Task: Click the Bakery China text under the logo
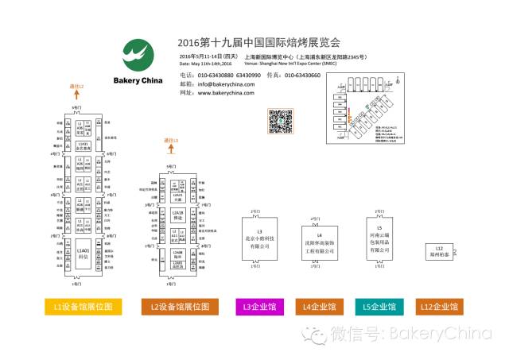141,80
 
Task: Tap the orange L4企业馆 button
320,306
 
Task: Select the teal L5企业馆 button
380,306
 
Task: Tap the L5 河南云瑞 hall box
379,238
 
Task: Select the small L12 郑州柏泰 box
438,251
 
